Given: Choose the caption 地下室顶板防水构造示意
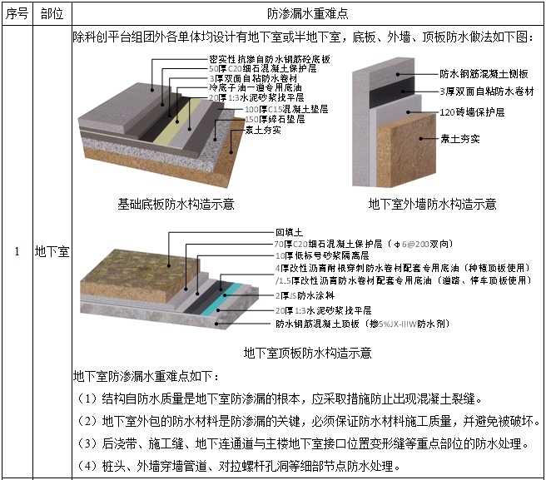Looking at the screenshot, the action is tap(307, 353).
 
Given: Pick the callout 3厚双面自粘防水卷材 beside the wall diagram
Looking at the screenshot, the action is tap(486, 90).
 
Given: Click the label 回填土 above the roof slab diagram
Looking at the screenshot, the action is tap(288, 232).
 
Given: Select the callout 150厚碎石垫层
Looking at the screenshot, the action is tap(257, 119).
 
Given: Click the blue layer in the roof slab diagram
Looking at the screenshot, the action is tap(238, 287).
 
